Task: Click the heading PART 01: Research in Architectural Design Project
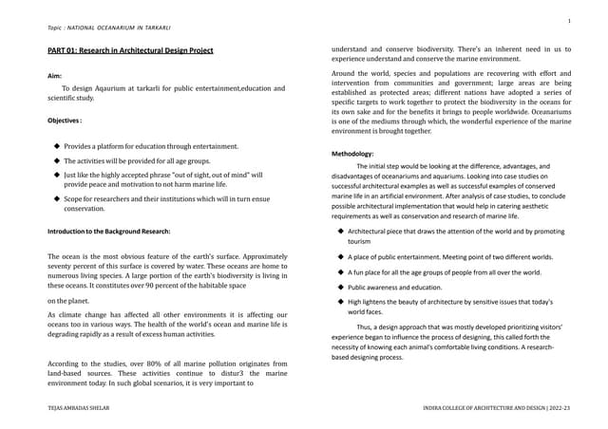(131, 50)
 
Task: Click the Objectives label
(65, 121)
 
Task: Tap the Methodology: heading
(352, 153)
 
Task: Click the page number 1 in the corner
(568, 20)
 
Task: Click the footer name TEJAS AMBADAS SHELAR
(84, 406)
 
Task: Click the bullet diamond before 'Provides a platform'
(57, 146)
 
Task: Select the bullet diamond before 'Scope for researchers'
(57, 199)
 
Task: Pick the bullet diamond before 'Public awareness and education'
(340, 287)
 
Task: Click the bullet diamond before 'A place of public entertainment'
(340, 256)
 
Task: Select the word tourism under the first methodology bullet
(359, 242)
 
